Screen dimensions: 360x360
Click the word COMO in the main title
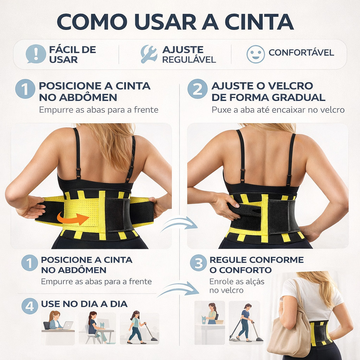[x=92, y=22]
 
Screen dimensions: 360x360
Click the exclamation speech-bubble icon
[x=36, y=54]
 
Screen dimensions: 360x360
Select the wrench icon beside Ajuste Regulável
[x=149, y=54]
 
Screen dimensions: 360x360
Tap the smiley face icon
[x=256, y=54]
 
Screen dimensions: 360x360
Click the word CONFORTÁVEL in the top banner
[x=301, y=53]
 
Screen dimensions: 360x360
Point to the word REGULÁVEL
[x=189, y=60]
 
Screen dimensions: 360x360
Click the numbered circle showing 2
[x=197, y=89]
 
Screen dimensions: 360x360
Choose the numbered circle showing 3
[x=198, y=263]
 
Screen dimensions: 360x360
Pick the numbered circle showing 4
[x=30, y=306]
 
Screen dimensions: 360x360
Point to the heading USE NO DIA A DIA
[x=84, y=304]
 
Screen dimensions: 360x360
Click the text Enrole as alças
[x=237, y=282]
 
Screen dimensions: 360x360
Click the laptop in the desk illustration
[x=68, y=325]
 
